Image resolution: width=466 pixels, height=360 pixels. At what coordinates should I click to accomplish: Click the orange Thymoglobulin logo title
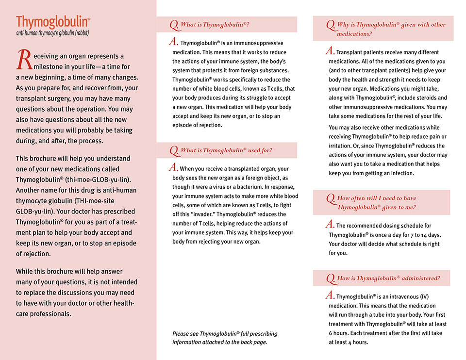[x=53, y=22]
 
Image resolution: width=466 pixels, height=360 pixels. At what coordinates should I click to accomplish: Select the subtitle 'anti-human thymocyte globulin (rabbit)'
[x=52, y=33]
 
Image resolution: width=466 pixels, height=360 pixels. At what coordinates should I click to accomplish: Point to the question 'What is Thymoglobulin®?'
[x=215, y=24]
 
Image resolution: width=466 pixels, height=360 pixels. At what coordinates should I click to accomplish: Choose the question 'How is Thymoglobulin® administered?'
[x=388, y=278]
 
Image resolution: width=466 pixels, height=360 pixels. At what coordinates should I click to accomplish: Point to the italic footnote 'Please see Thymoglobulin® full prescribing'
[x=225, y=334]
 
